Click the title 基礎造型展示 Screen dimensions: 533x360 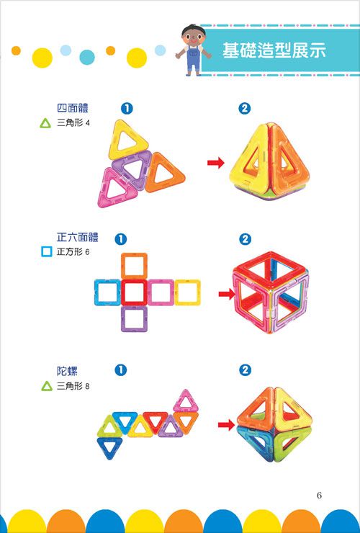click(274, 51)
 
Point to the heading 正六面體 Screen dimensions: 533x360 click(77, 237)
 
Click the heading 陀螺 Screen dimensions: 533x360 click(67, 370)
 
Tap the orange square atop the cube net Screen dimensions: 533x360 click(134, 264)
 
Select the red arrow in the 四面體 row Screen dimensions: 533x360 click(215, 164)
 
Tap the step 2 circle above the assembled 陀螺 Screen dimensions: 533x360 click(246, 369)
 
